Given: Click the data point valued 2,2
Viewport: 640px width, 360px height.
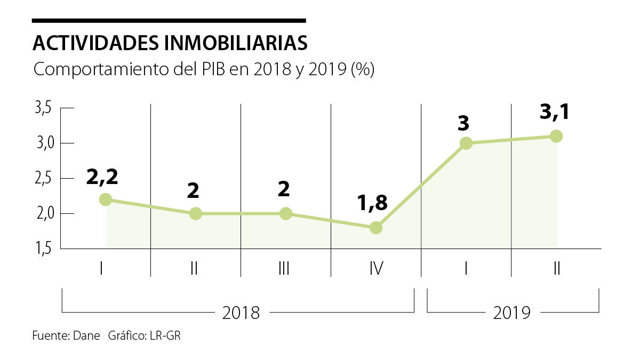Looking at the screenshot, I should tap(106, 199).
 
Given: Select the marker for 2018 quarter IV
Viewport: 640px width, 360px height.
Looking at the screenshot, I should tap(375, 228).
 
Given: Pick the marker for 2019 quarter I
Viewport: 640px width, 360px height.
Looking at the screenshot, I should tap(466, 143).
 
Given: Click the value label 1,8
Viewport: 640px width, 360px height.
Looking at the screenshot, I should tap(372, 203).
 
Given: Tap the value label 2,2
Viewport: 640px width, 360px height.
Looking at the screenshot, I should tap(102, 175).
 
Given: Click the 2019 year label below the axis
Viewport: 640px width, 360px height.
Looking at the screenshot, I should tap(512, 313).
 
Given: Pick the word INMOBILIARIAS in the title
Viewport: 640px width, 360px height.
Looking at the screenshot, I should tap(233, 43).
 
